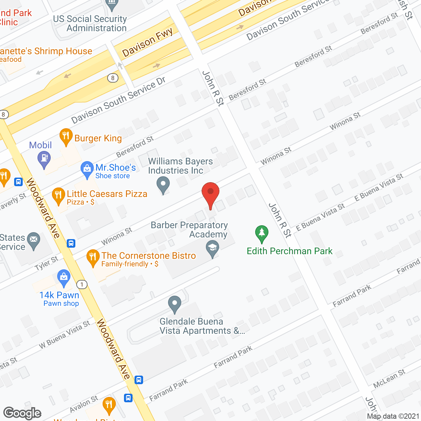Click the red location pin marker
pos(210,194)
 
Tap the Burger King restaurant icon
pos(66,136)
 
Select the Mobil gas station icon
pos(44,159)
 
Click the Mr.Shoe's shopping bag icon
pos(87,169)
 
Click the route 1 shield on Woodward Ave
pos(82,285)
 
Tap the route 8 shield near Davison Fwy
pos(113,78)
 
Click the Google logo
pos(22,413)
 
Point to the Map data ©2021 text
pos(393,416)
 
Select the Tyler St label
pos(46,263)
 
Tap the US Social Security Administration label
pos(90,24)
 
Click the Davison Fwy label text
pos(147,42)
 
